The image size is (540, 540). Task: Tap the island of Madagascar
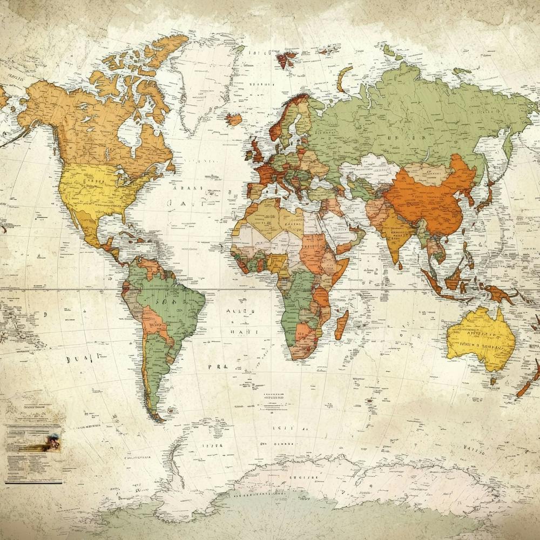point(341,325)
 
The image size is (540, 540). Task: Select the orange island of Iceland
point(234,119)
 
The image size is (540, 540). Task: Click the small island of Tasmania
point(493,381)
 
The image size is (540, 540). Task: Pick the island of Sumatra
point(432,281)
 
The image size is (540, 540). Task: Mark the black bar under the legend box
point(33,482)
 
